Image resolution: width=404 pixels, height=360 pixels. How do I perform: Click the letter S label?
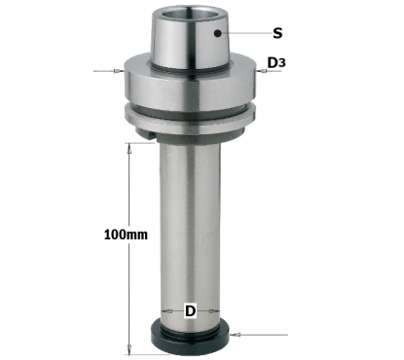pos(277,33)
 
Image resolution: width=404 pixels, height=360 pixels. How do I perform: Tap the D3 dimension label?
pos(276,62)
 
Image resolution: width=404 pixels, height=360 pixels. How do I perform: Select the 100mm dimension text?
pos(126,234)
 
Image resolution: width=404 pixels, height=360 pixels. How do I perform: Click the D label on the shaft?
pos(191,311)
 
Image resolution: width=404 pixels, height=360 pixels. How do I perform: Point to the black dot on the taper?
pos(218,33)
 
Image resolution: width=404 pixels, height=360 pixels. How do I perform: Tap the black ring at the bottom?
pos(190,338)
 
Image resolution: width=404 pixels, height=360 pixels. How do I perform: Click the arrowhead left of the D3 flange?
pos(119,71)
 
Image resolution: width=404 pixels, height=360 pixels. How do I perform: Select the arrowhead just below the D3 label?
pos(261,71)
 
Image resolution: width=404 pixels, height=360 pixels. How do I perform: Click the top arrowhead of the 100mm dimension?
pos(129,148)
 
